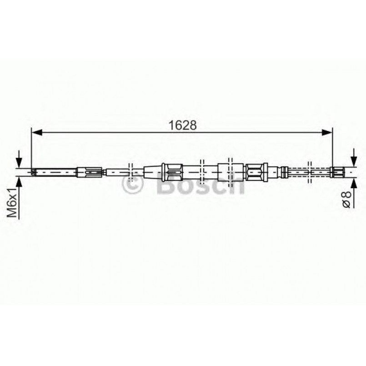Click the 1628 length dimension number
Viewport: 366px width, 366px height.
[184, 125]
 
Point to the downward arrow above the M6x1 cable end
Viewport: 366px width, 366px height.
[19, 160]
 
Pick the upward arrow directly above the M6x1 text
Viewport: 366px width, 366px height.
[19, 182]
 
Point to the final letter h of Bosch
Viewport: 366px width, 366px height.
[236, 185]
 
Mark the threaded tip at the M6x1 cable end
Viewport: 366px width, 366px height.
[34, 172]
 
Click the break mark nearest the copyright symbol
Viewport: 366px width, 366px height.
[130, 171]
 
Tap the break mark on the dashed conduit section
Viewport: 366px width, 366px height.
[309, 172]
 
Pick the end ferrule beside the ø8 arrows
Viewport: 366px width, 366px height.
[337, 172]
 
